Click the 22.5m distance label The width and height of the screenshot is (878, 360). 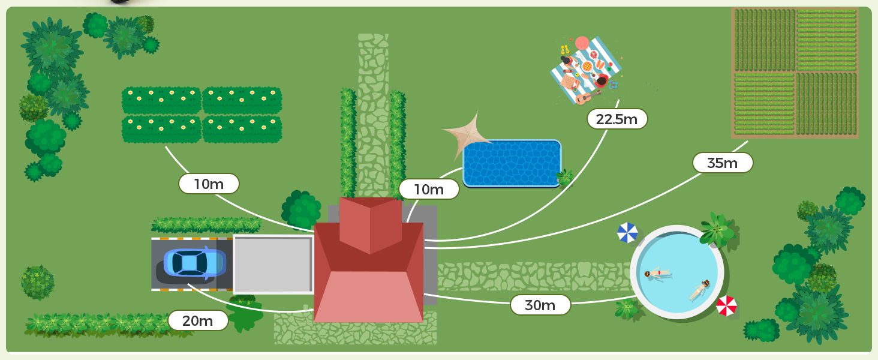point(617,119)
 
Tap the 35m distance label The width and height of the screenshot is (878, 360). point(723,163)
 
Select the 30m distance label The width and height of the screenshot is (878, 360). point(540,305)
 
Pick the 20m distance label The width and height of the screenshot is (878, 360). point(198,320)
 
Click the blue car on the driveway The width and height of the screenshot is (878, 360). point(195,263)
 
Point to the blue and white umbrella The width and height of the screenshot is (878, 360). point(627,233)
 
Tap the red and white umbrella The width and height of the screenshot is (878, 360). point(726,306)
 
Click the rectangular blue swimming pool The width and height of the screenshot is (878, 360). point(512,163)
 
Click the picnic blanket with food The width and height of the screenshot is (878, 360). point(585,70)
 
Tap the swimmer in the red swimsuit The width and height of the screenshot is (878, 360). point(657,274)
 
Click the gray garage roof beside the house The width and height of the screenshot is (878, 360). point(273,265)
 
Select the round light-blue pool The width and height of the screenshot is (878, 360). point(677,272)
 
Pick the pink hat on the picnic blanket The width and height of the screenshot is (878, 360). point(582,43)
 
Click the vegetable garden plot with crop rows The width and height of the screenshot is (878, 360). point(795,73)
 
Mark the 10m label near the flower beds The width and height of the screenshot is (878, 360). point(209,184)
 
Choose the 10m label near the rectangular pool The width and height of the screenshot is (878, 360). point(429,189)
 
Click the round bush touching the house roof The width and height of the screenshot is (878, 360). point(302,210)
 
